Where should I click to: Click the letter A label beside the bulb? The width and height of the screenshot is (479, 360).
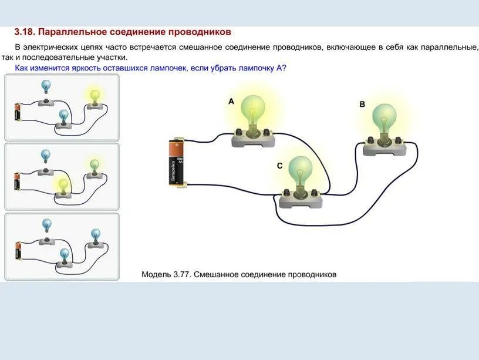tap(231, 102)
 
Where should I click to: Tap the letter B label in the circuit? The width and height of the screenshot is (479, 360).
tap(362, 104)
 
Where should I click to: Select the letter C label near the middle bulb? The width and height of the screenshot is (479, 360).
tap(280, 166)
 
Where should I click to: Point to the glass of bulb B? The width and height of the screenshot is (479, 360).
tap(384, 117)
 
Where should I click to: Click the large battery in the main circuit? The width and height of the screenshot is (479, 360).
tap(177, 163)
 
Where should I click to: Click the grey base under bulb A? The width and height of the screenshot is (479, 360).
tap(254, 138)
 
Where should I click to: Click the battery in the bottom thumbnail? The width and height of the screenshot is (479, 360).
tap(18, 250)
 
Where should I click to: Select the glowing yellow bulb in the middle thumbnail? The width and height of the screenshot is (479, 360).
tap(63, 186)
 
